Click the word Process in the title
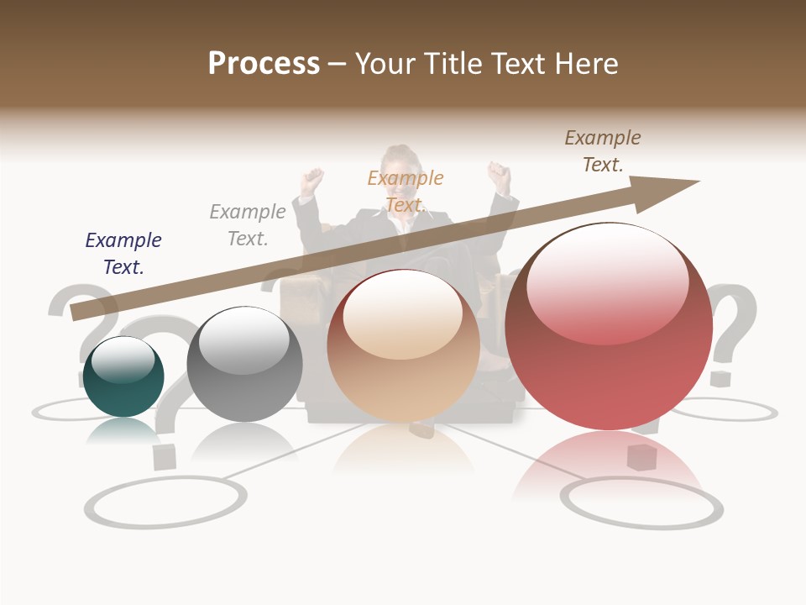(264, 63)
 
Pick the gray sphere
(244, 365)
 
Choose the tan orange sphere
(403, 345)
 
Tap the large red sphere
(609, 327)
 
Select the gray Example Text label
(248, 225)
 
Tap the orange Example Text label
(406, 192)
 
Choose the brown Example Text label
(602, 151)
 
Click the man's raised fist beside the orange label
(313, 180)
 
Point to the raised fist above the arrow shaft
(500, 176)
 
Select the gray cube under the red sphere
(641, 459)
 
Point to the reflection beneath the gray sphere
(243, 441)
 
